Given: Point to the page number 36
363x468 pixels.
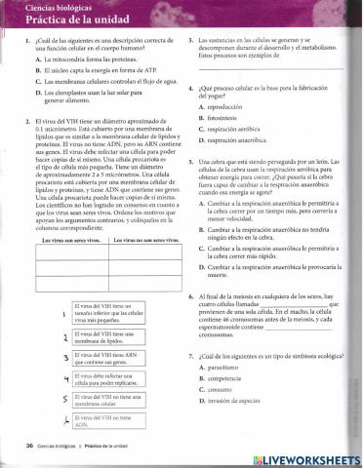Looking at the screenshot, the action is click(x=30, y=445).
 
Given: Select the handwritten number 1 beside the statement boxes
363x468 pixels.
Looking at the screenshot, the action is click(x=64, y=313).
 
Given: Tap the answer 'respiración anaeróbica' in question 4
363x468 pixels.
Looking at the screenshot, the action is click(x=243, y=141).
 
